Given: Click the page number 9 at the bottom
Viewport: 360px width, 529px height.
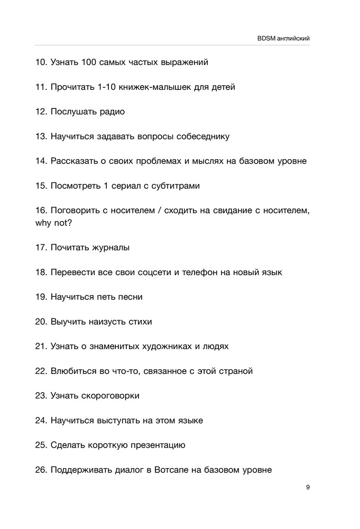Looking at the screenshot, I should (x=308, y=487).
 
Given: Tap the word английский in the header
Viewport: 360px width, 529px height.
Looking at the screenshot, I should (x=294, y=38).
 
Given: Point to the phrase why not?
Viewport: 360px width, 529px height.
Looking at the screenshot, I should (x=54, y=223).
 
